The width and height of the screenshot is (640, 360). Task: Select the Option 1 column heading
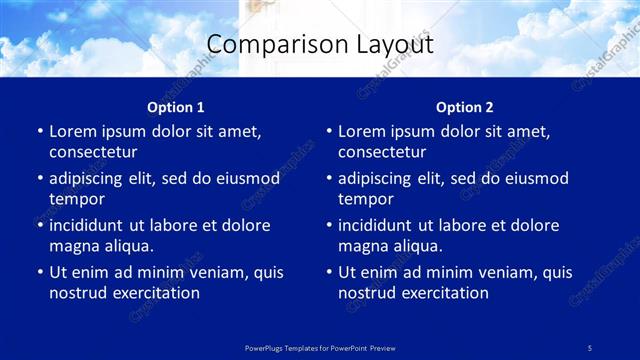pos(176,107)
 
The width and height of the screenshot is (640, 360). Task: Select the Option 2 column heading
pos(465,107)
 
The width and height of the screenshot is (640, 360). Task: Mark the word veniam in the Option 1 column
pos(211,272)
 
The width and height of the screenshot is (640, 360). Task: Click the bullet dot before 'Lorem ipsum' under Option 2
pos(328,132)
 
